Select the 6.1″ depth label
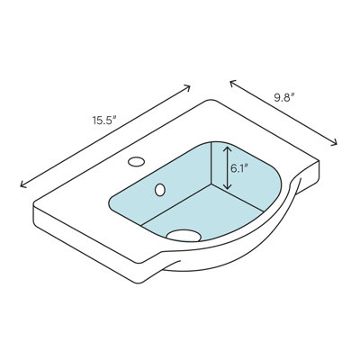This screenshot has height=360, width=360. coord(239,167)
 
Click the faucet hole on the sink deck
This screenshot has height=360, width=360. coord(136,163)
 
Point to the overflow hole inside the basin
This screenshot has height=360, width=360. coord(160,190)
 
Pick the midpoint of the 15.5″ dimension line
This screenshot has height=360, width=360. coord(105,136)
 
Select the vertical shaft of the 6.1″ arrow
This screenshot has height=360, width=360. coord(228,168)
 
